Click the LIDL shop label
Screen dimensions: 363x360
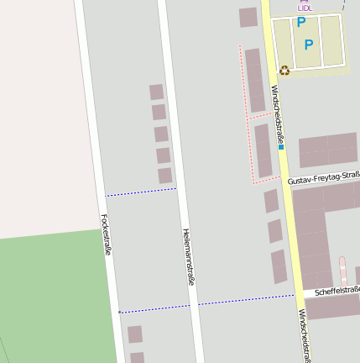(305, 8)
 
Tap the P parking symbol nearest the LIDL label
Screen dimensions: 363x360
(300, 24)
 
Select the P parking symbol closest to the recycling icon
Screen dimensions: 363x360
(309, 45)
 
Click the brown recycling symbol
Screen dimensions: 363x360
(284, 71)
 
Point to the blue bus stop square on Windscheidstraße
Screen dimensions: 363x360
(281, 147)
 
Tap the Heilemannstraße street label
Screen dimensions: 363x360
(188, 257)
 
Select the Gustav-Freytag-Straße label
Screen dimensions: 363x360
(323, 178)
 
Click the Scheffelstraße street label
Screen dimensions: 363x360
(337, 291)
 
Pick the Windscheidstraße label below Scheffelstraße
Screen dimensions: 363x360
(303, 335)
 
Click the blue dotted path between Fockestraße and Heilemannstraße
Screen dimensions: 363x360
(140, 192)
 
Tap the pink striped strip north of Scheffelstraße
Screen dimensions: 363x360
(342, 270)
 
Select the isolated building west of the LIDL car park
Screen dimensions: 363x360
(248, 17)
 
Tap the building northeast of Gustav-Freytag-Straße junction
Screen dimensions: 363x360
(328, 150)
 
